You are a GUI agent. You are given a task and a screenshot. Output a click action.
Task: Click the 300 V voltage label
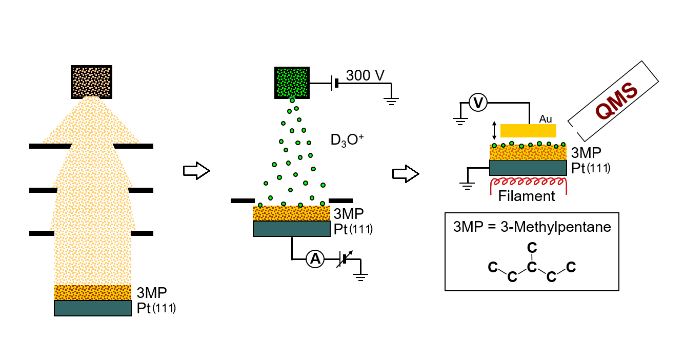tap(365, 75)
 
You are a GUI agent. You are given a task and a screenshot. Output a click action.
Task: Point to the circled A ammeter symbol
tap(315, 260)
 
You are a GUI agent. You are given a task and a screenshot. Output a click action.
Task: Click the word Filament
tap(527, 196)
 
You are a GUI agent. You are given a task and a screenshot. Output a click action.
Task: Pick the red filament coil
tap(528, 183)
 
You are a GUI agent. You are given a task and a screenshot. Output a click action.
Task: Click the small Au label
tap(545, 118)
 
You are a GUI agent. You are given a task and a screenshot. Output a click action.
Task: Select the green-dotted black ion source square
tap(292, 81)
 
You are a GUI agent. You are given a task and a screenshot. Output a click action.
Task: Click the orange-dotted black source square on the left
tap(91, 81)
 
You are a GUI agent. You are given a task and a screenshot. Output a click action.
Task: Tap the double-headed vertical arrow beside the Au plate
tap(494, 130)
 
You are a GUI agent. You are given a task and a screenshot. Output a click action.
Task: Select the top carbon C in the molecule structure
tap(532, 248)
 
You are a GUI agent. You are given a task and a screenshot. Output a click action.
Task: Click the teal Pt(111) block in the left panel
tap(92, 308)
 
